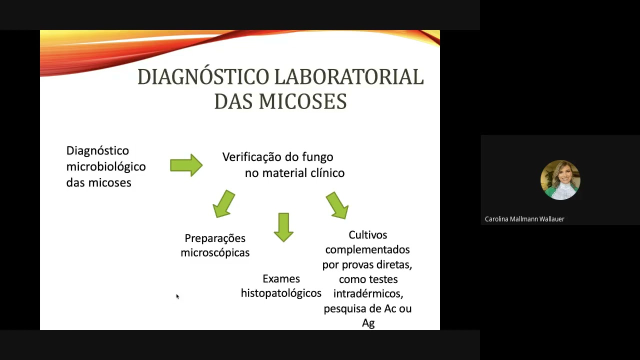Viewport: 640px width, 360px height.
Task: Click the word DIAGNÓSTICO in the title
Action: (x=203, y=77)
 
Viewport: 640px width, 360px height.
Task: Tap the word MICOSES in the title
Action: (x=302, y=101)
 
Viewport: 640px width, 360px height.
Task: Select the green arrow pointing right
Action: (x=186, y=165)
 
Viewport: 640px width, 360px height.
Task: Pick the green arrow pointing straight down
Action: (x=283, y=227)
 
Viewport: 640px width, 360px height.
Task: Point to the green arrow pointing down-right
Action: (x=337, y=205)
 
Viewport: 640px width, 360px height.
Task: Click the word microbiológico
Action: (x=106, y=166)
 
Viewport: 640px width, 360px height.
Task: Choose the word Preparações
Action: (x=215, y=238)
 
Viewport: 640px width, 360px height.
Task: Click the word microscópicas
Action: (x=215, y=253)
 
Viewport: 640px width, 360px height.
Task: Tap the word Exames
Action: (x=281, y=279)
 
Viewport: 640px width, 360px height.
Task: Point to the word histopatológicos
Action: (x=281, y=293)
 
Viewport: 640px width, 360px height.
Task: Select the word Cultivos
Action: (x=368, y=235)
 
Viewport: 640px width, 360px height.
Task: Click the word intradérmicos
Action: (x=368, y=294)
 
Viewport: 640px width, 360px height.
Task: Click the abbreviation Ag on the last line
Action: (x=368, y=323)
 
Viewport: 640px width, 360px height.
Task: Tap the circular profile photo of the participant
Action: (x=560, y=180)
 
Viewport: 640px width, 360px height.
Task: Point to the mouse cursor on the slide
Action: (x=177, y=296)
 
